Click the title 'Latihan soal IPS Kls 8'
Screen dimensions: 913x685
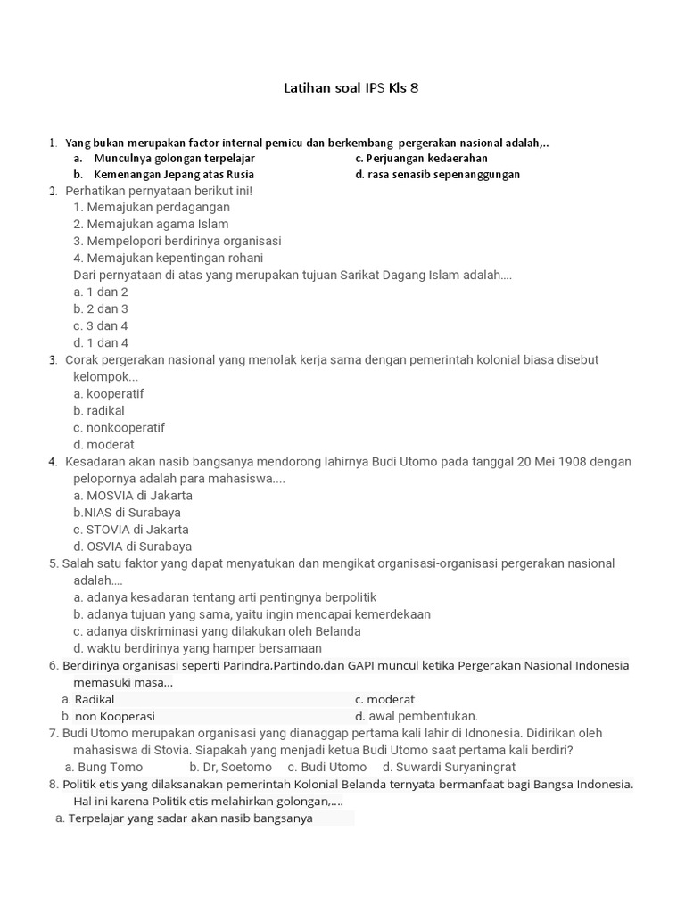point(351,87)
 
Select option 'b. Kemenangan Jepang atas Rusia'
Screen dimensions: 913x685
point(164,174)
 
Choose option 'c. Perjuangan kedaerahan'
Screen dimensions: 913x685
point(421,158)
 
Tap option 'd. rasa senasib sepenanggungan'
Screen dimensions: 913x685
point(437,174)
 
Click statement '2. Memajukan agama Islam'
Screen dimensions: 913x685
point(151,224)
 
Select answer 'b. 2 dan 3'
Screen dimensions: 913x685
point(101,308)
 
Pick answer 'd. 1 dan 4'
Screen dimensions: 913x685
point(101,342)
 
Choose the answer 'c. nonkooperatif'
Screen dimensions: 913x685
point(119,427)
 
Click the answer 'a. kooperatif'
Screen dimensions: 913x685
point(109,393)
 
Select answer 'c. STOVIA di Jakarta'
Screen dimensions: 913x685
point(131,529)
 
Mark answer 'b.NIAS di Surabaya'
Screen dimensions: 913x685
point(127,512)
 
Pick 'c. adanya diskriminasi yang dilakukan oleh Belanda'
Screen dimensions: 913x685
point(217,630)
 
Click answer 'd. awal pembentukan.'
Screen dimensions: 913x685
point(417,716)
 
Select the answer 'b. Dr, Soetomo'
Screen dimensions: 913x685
point(230,767)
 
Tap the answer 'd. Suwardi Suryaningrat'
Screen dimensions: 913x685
point(449,767)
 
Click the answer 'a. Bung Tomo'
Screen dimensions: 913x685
point(103,767)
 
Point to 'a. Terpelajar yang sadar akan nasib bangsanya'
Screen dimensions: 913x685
point(184,818)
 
